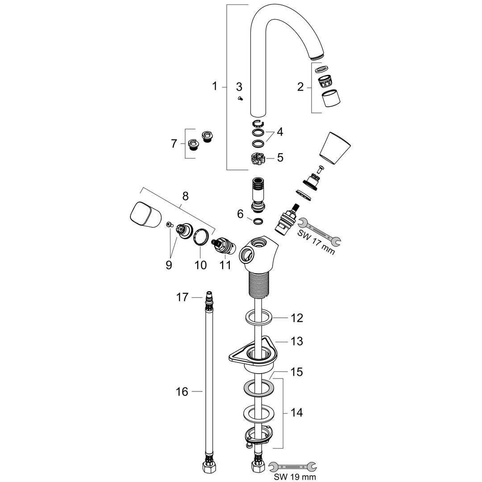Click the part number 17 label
point(182,297)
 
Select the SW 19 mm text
point(295,477)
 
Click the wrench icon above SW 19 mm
point(292,466)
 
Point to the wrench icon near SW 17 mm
point(320,232)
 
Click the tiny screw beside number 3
point(241,98)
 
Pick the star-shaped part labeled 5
point(256,159)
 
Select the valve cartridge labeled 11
point(223,246)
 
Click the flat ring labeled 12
point(259,317)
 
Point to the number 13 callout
point(297,341)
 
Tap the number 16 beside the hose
point(182,392)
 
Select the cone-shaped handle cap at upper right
point(335,146)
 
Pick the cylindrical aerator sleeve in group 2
point(331,98)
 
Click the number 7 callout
point(174,144)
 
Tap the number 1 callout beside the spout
point(215,86)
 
